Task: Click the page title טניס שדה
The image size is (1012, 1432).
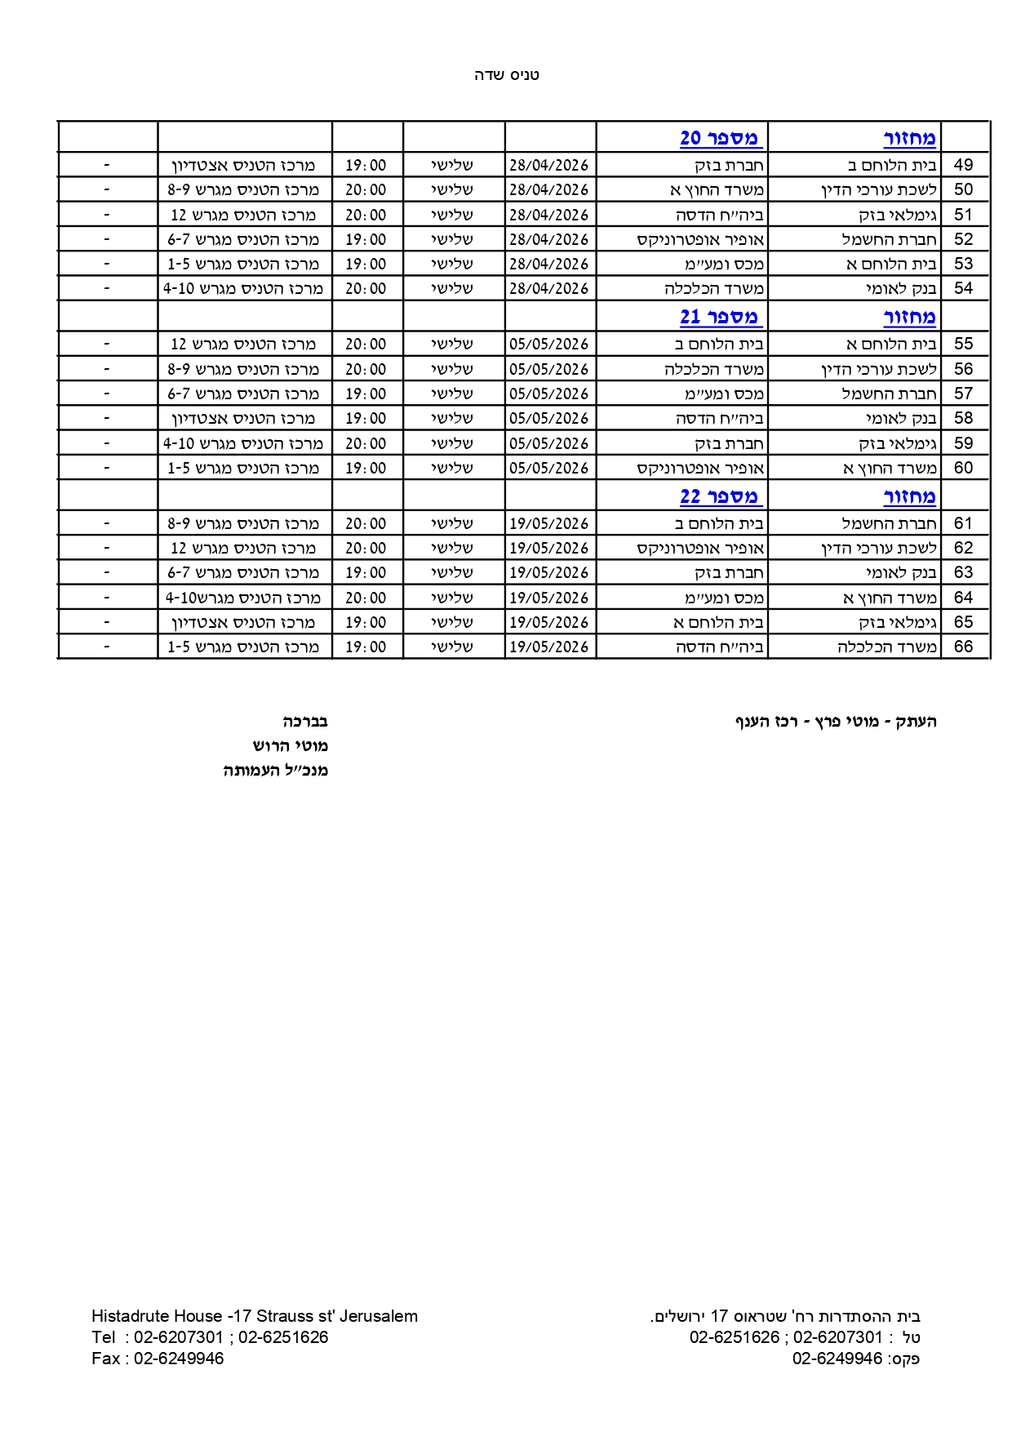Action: tap(506, 75)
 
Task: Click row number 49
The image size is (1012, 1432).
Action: tap(963, 165)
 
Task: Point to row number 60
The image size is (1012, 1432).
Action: tap(963, 468)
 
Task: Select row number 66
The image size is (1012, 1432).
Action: tap(963, 647)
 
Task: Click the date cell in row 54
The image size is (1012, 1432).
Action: tap(548, 288)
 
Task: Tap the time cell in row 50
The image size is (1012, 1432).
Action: tap(366, 189)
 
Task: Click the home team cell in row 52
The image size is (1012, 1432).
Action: tap(890, 239)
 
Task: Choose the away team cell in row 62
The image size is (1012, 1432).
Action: tap(700, 548)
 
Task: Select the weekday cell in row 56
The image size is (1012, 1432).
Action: tap(452, 369)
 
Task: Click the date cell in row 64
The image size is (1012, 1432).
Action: tap(548, 598)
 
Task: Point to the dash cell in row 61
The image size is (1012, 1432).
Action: tap(107, 523)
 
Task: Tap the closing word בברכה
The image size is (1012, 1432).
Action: tap(305, 722)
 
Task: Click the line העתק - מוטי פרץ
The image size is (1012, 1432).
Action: tap(836, 722)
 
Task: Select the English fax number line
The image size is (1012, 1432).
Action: tap(158, 1359)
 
